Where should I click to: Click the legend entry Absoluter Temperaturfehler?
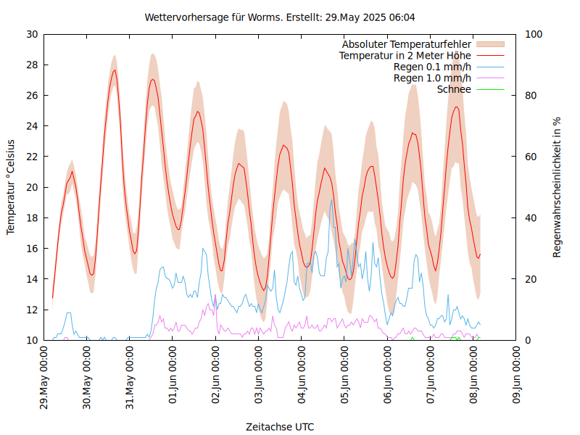407,44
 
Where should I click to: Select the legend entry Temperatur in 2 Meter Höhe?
405,55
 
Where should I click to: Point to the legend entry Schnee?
454,89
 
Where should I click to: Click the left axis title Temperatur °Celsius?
11,187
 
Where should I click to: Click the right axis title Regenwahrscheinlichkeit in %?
558,187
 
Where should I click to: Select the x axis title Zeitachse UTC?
280,426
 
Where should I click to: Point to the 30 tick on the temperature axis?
32,34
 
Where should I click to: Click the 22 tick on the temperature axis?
32,157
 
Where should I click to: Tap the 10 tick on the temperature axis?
32,340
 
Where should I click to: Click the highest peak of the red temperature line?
115,70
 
